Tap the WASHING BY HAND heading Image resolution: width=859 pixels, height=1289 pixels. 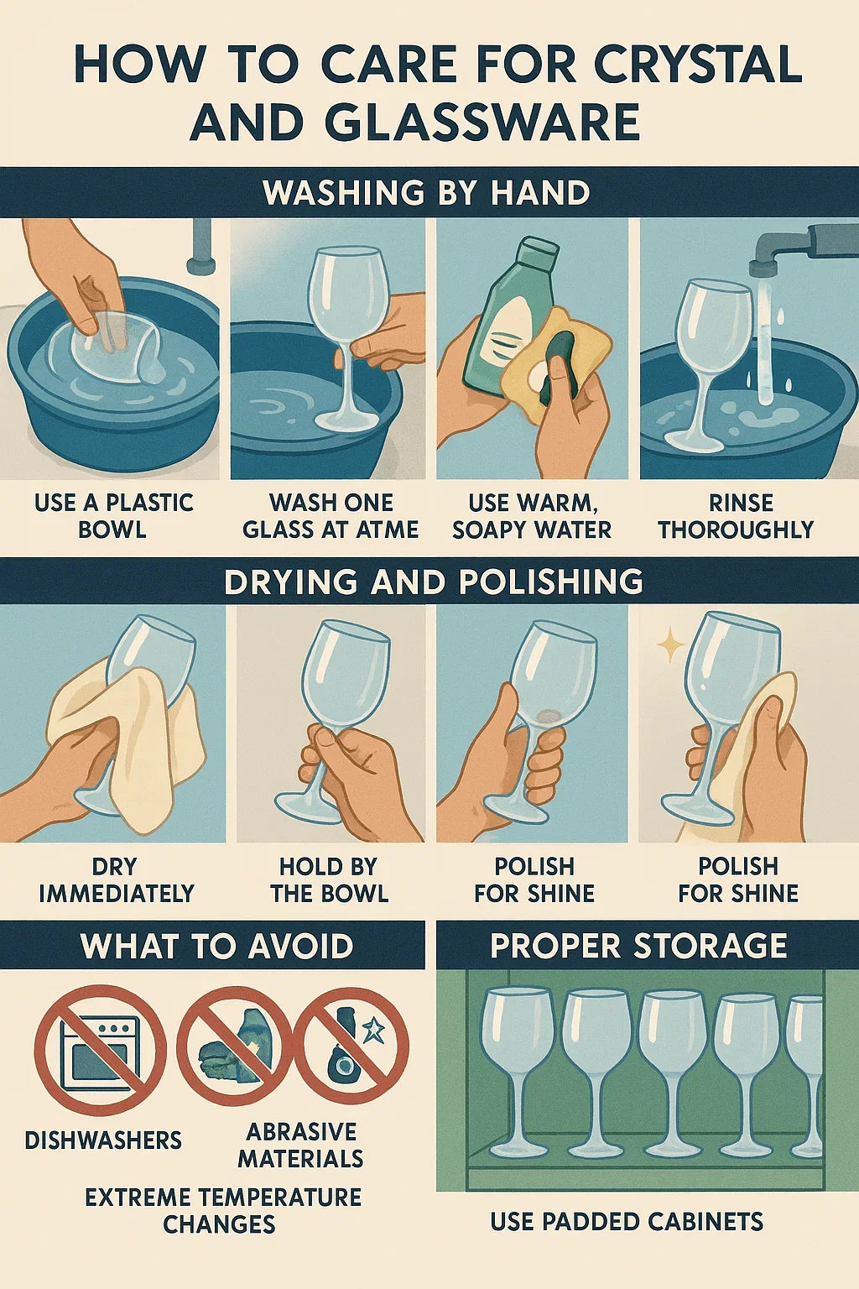[x=426, y=193]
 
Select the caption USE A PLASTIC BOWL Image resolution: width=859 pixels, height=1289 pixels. [x=113, y=516]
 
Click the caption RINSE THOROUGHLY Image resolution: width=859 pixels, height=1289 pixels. [x=736, y=516]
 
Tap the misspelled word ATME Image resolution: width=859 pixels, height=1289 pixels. [x=388, y=530]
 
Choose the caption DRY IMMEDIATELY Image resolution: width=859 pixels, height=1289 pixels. [x=116, y=879]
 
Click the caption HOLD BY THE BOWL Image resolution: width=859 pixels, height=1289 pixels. [x=329, y=879]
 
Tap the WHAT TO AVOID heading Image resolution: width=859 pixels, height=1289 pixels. [x=216, y=946]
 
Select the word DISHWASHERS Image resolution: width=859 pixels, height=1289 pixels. [x=103, y=1140]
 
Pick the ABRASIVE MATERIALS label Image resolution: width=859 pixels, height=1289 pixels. [x=300, y=1145]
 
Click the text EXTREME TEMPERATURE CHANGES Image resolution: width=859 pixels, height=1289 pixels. [x=222, y=1210]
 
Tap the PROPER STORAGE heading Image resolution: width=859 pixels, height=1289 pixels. [x=638, y=946]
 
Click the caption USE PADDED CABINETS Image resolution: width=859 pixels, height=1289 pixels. [x=627, y=1221]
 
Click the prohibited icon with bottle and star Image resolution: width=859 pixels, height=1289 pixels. [x=353, y=1045]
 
